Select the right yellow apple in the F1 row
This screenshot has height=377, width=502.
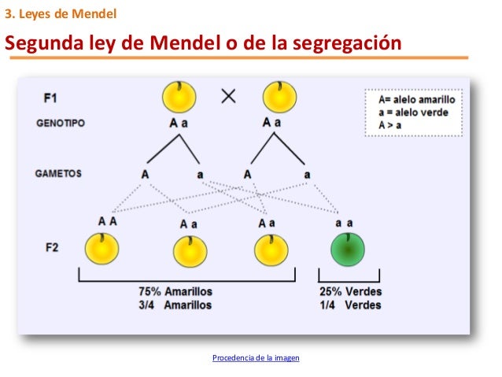[279, 97]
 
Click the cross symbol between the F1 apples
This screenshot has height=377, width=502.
[229, 97]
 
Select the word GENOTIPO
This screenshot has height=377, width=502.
[61, 124]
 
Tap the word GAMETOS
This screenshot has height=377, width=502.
[58, 173]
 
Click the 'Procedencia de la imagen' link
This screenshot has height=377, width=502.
[257, 358]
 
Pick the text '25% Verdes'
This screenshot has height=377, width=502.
[350, 291]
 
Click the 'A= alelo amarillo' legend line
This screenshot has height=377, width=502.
[416, 101]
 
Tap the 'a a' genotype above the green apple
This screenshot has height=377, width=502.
[344, 224]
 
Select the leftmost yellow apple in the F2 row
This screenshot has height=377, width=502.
[102, 249]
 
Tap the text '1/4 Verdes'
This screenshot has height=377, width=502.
[350, 305]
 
